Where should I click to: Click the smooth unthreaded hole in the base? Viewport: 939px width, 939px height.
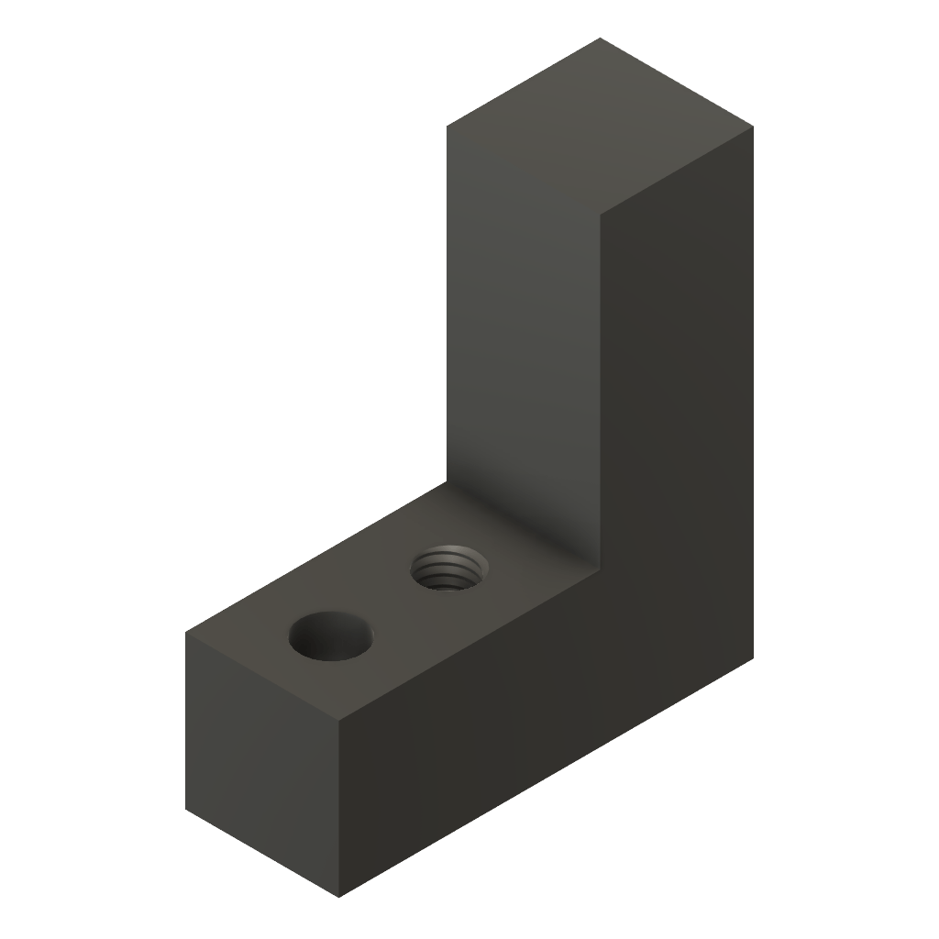(x=331, y=635)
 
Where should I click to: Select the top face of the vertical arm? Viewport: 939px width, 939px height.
(x=600, y=126)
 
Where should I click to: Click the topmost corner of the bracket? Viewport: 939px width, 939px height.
(x=600, y=38)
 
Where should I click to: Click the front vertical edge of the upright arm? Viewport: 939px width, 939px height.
(x=600, y=385)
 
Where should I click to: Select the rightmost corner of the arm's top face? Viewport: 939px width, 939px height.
(x=754, y=126)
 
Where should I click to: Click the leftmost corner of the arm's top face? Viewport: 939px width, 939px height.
(x=447, y=127)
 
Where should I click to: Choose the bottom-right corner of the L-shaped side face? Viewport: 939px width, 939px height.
(x=755, y=657)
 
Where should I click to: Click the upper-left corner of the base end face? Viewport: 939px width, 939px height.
(x=186, y=632)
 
